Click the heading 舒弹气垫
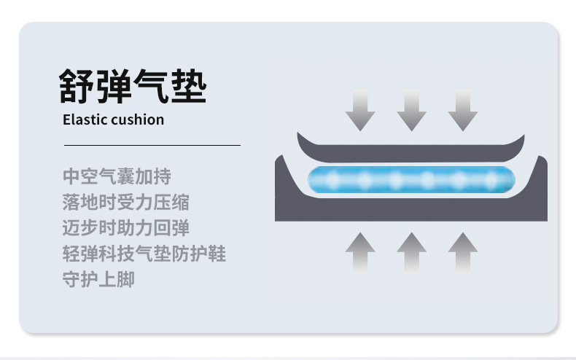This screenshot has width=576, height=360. point(133,86)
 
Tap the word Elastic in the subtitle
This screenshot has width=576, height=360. point(85,120)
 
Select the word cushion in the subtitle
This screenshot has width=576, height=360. point(137,120)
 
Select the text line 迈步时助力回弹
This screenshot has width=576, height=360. point(126,227)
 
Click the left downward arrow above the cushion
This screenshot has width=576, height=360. point(360,111)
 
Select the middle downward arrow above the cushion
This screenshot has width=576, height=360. point(411,111)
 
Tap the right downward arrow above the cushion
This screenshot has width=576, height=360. point(462,111)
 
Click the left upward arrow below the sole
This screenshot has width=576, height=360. point(360,251)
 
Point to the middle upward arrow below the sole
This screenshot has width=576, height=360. point(411,251)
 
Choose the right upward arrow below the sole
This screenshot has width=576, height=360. point(462,251)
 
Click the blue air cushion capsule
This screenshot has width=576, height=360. point(411,179)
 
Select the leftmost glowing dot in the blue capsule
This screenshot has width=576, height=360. point(327,179)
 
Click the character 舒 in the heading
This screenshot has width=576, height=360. point(77,86)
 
